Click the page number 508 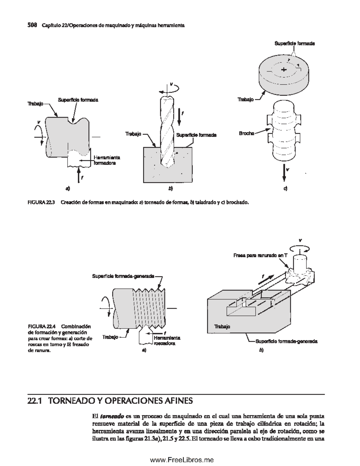coord(32,25)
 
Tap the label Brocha coord(247,134)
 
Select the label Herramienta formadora coord(107,160)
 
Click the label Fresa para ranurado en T coord(260,255)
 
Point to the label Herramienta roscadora coord(167,341)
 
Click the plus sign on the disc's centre coord(284,70)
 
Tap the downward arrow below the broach coord(284,173)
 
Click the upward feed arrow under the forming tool coord(79,175)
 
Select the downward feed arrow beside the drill coord(179,117)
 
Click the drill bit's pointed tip coord(167,168)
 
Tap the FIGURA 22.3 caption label coord(41,202)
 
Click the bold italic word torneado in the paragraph coord(112,416)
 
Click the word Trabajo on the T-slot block coord(222,326)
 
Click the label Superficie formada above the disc coord(295,44)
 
